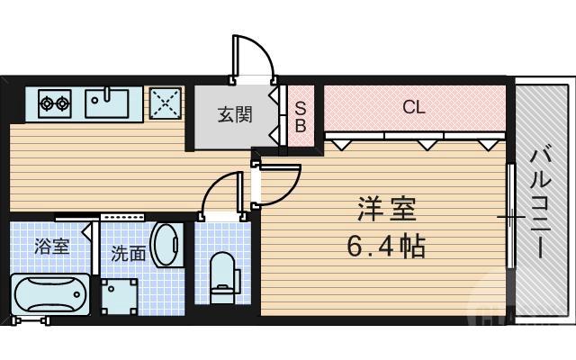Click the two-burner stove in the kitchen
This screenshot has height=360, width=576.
click(54, 103)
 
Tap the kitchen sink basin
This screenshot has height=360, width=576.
click(107, 103)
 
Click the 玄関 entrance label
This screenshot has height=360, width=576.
click(232, 114)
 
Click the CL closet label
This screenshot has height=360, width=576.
click(413, 107)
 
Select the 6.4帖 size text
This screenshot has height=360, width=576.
click(386, 245)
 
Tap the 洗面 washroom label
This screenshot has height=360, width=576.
click(129, 254)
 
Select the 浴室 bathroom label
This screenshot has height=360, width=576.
click(51, 246)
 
